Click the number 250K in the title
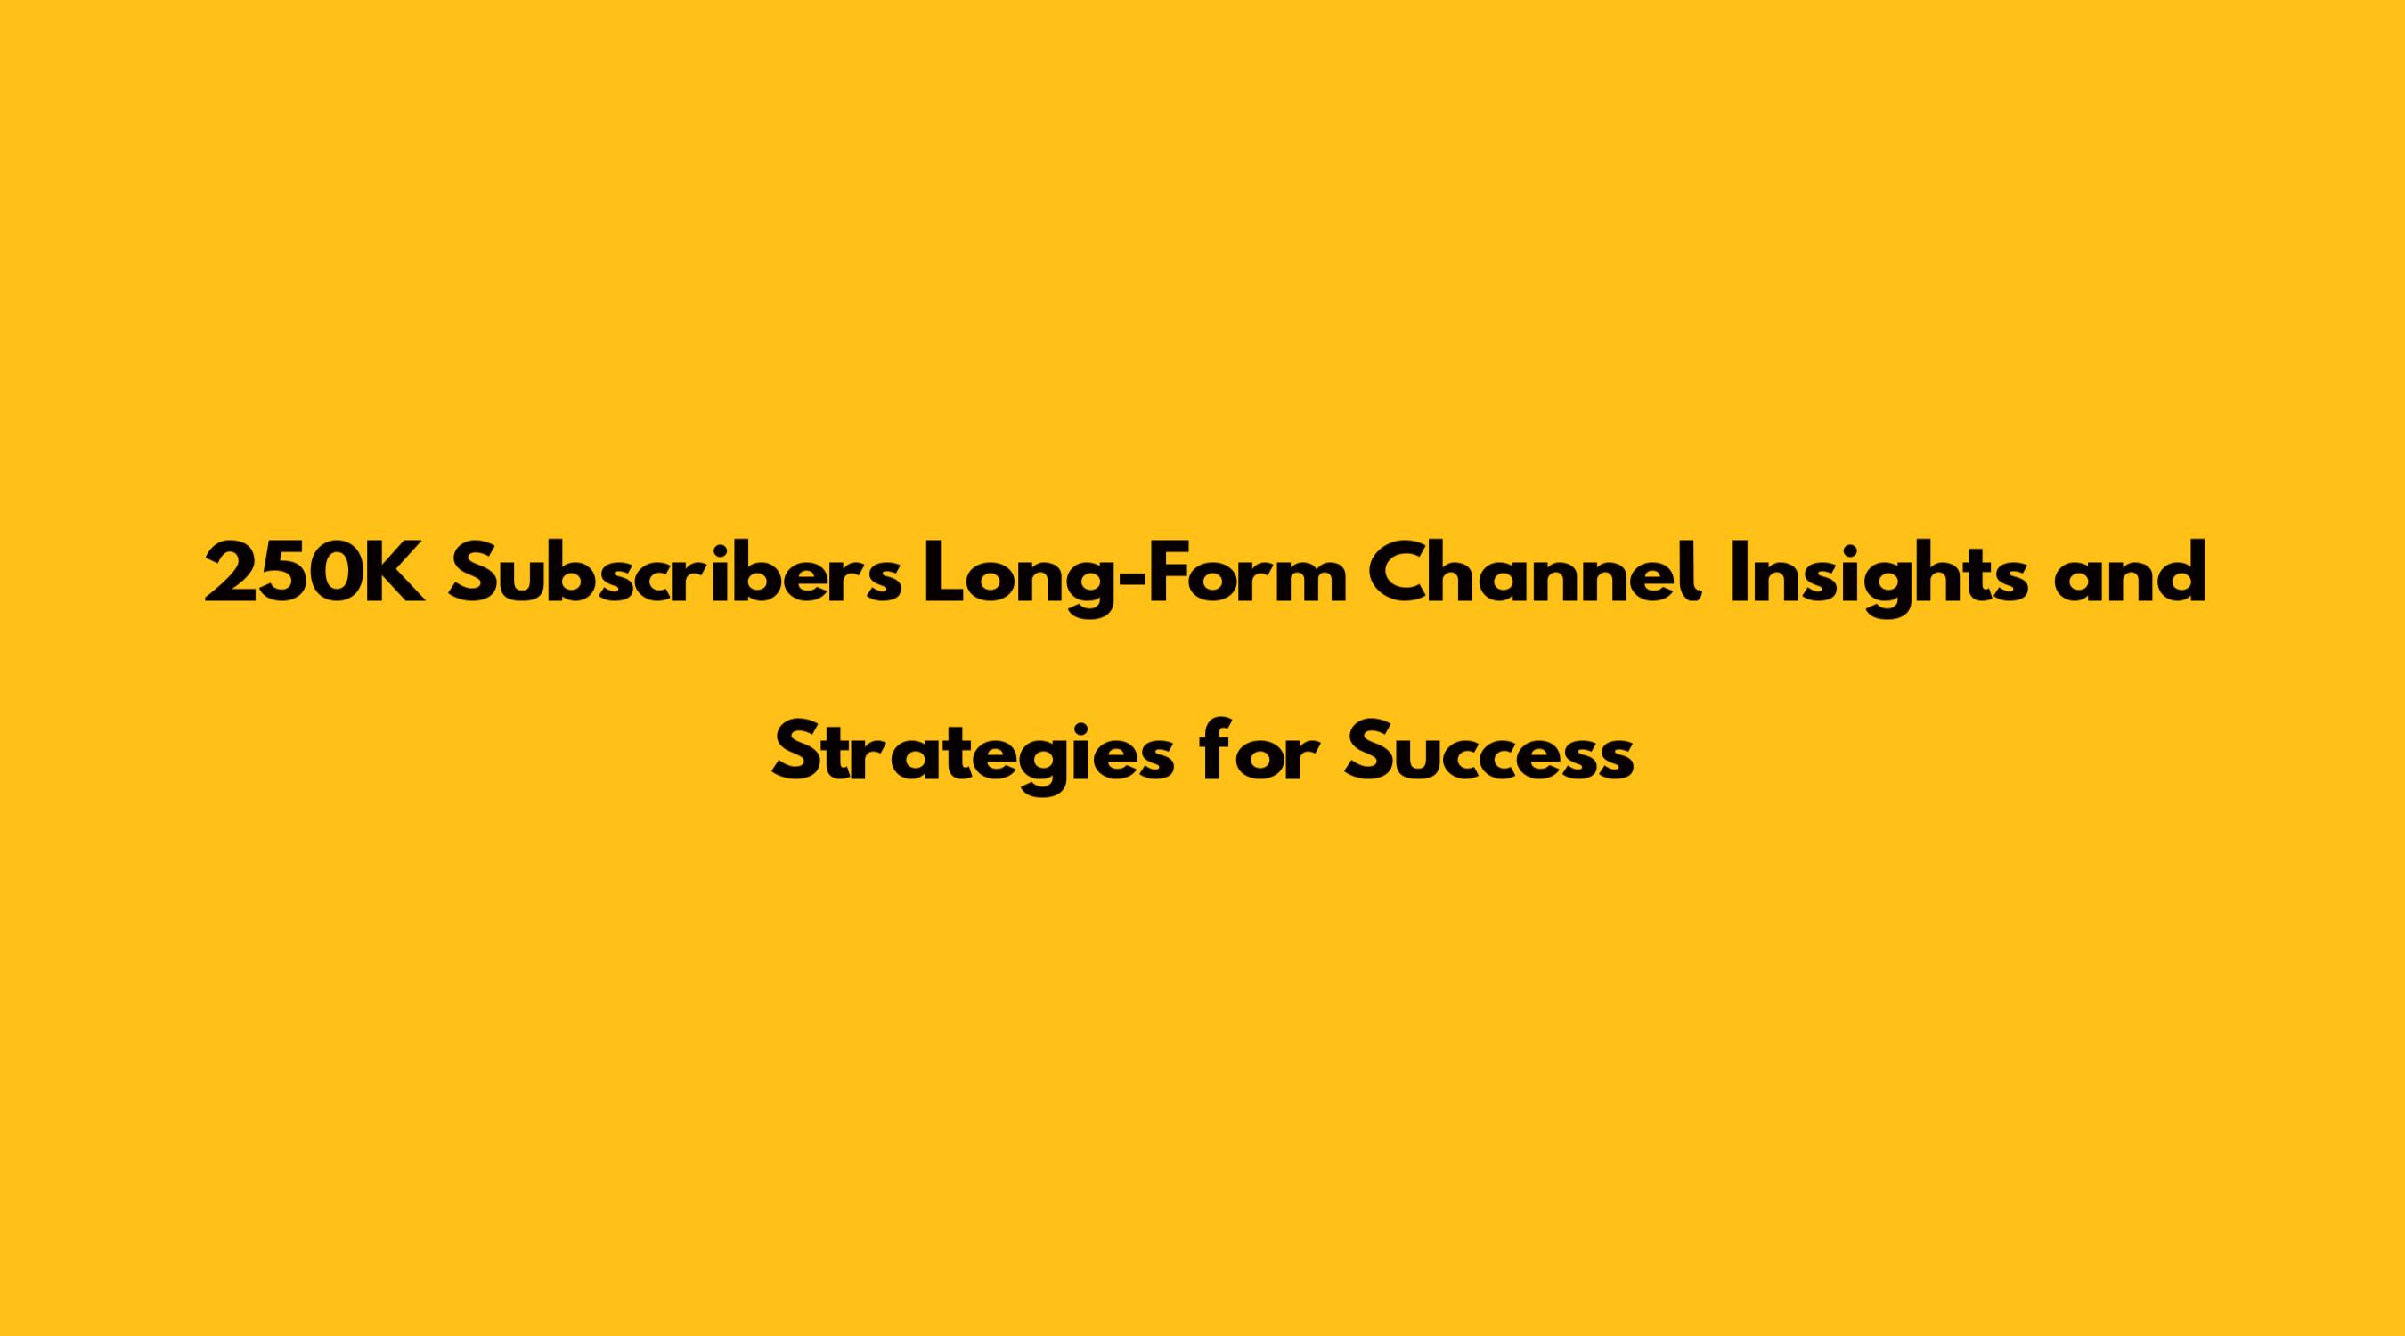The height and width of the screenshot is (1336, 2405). (316, 573)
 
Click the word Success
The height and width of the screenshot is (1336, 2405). (1489, 754)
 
